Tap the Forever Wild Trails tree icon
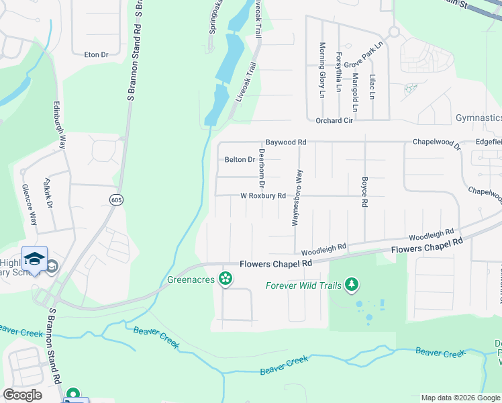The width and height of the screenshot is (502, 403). click(351, 285)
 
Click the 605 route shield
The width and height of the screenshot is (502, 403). click(117, 199)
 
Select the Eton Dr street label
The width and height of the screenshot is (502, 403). click(96, 54)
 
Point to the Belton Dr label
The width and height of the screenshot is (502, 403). click(240, 160)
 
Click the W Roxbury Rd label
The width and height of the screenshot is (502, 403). click(263, 196)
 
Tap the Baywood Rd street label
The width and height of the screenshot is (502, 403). click(285, 142)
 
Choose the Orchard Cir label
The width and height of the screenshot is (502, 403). click(334, 121)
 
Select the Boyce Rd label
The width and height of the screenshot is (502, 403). click(364, 192)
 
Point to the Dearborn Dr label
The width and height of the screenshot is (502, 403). click(262, 168)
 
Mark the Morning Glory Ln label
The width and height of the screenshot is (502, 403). click(322, 66)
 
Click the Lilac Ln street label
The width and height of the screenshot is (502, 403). click(371, 87)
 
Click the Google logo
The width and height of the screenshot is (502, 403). click(22, 395)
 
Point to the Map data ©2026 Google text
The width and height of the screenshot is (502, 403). click(459, 398)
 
